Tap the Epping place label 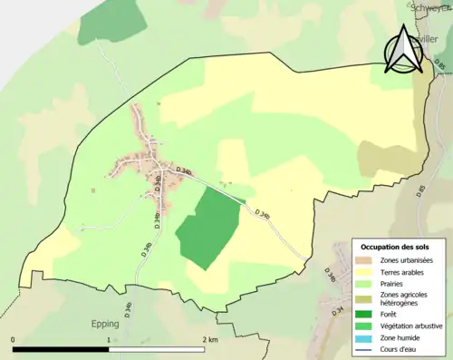tap(107, 321)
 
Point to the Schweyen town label tap(429, 6)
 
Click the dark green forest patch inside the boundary tap(208, 229)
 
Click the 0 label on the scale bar tap(13, 340)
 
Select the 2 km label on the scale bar tap(210, 340)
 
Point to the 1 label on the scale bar tap(109, 340)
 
